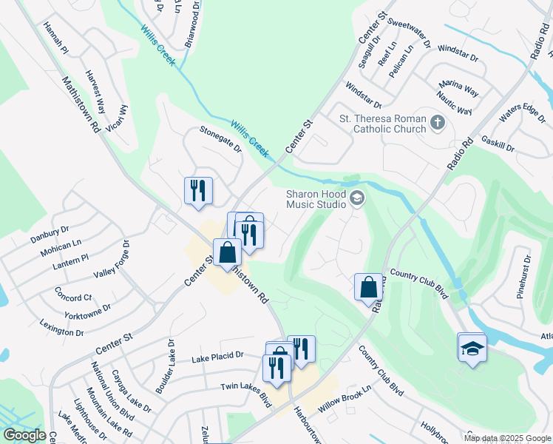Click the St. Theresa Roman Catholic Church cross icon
[x=438, y=122]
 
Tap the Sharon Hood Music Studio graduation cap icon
[x=358, y=198]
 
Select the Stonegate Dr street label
[x=220, y=138]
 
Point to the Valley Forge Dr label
[x=111, y=259]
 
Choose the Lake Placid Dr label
[x=217, y=356]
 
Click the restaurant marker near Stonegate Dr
[x=198, y=190]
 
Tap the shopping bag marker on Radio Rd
[x=368, y=286]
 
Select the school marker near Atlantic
[x=472, y=347]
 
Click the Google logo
[x=24, y=435]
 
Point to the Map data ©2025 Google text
[x=508, y=438]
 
